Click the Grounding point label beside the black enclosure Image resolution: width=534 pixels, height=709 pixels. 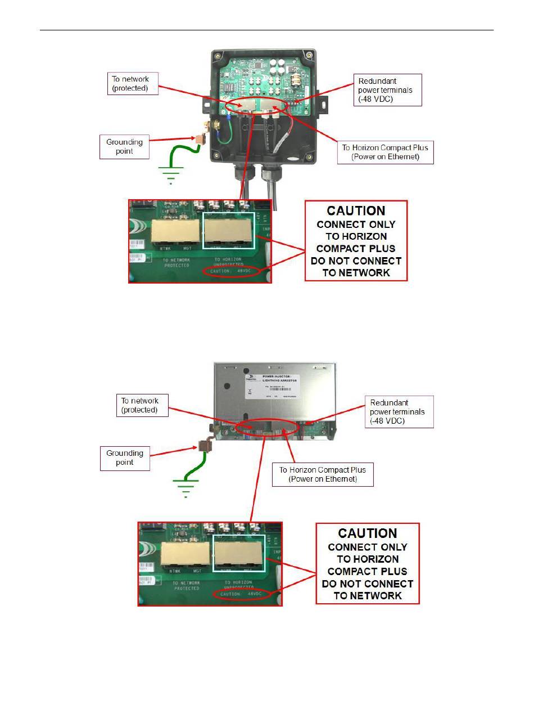[x=124, y=147]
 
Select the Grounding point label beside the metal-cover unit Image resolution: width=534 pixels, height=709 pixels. [x=125, y=457]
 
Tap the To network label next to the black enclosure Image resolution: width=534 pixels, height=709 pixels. [x=130, y=84]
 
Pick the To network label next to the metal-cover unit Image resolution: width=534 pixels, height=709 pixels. [x=140, y=405]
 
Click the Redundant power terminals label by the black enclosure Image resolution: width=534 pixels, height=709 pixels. [x=387, y=89]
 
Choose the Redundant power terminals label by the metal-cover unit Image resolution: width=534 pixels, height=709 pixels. [x=397, y=411]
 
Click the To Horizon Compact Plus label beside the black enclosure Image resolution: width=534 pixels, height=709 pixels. [x=385, y=152]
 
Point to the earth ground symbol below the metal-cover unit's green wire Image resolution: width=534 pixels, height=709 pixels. [x=185, y=488]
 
